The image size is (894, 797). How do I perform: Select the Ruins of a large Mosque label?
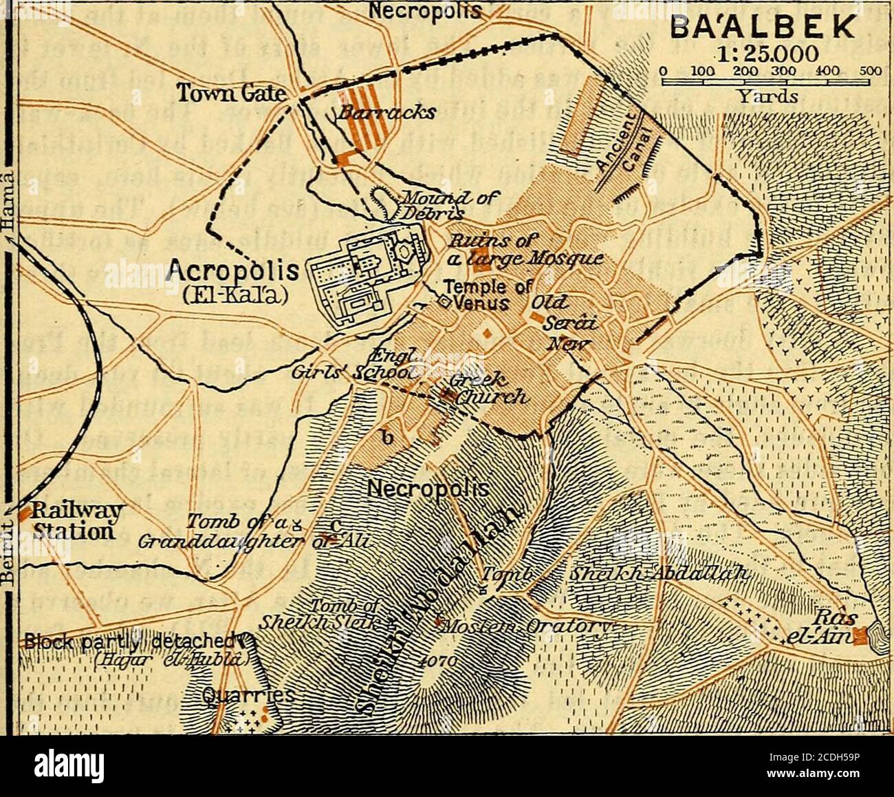coord(526,251)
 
